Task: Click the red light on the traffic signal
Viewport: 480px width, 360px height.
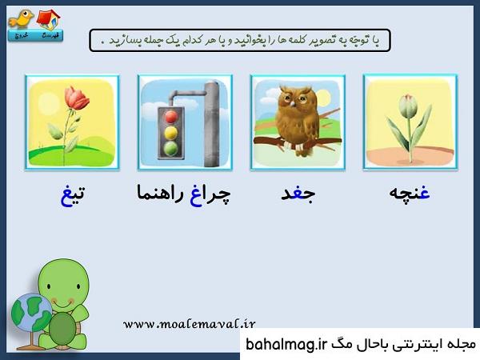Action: click(x=171, y=117)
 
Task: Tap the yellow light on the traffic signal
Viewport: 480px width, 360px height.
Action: click(x=171, y=133)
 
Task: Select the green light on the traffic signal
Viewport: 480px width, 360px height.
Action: click(x=171, y=149)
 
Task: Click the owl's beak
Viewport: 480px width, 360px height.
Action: click(x=293, y=104)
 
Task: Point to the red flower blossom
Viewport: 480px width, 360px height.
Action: click(x=77, y=98)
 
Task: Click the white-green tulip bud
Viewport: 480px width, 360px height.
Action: click(x=408, y=106)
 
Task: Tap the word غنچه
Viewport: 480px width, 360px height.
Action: click(x=410, y=193)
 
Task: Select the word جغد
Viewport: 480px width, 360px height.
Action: click(x=298, y=194)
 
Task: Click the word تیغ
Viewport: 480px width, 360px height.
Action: click(x=73, y=194)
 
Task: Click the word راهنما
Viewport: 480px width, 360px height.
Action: click(x=160, y=193)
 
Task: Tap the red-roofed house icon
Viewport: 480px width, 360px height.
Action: click(x=49, y=19)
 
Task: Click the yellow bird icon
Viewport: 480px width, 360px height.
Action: click(x=21, y=19)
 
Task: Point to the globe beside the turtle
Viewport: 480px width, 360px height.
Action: click(x=31, y=313)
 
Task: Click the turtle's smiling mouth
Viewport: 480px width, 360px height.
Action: click(x=63, y=303)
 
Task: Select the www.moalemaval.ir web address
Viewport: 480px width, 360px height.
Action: click(x=189, y=323)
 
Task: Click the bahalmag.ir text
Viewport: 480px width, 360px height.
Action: click(x=286, y=345)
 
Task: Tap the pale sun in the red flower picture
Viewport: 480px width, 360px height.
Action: click(x=49, y=103)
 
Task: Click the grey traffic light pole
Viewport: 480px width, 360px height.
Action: click(x=212, y=124)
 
